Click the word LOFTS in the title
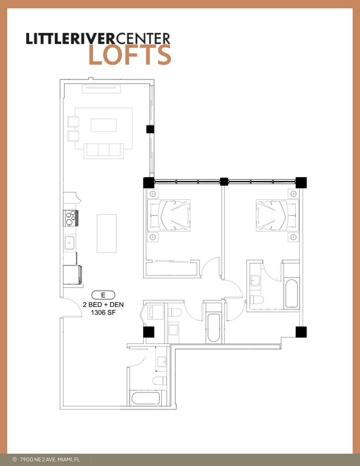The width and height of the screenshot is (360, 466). pyautogui.click(x=130, y=55)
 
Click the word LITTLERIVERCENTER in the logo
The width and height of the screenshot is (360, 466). pyautogui.click(x=98, y=38)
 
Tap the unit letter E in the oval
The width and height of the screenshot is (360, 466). pyautogui.click(x=103, y=294)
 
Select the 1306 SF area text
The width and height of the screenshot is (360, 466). pyautogui.click(x=103, y=313)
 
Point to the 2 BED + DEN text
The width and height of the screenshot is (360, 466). pyautogui.click(x=103, y=304)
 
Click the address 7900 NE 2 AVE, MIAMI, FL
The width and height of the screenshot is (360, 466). pyautogui.click(x=50, y=459)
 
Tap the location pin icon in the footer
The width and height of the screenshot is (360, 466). pyautogui.click(x=14, y=459)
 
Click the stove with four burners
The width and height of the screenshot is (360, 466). pyautogui.click(x=71, y=219)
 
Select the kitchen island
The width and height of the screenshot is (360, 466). pyautogui.click(x=107, y=233)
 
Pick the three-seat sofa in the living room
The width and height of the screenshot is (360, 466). pyautogui.click(x=103, y=150)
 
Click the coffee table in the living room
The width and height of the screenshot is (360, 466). pyautogui.click(x=104, y=125)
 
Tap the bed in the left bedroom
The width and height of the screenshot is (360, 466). pyautogui.click(x=169, y=215)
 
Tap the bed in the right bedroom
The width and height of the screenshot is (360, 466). pyautogui.click(x=277, y=215)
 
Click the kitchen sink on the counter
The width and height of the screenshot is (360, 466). pyautogui.click(x=70, y=242)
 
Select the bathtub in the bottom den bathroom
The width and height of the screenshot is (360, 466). pyautogui.click(x=145, y=399)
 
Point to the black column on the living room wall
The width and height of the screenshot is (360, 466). pyautogui.click(x=150, y=129)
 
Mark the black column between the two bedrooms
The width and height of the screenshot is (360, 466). pyautogui.click(x=224, y=181)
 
